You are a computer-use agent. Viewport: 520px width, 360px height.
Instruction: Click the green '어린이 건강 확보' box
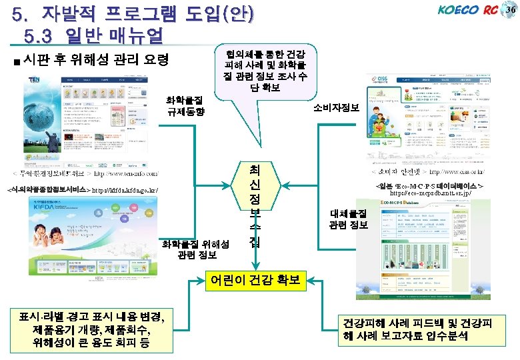[257, 278]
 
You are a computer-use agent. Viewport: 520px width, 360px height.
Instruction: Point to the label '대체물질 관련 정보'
[348, 219]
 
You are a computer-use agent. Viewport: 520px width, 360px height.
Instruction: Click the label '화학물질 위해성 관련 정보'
[203, 249]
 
